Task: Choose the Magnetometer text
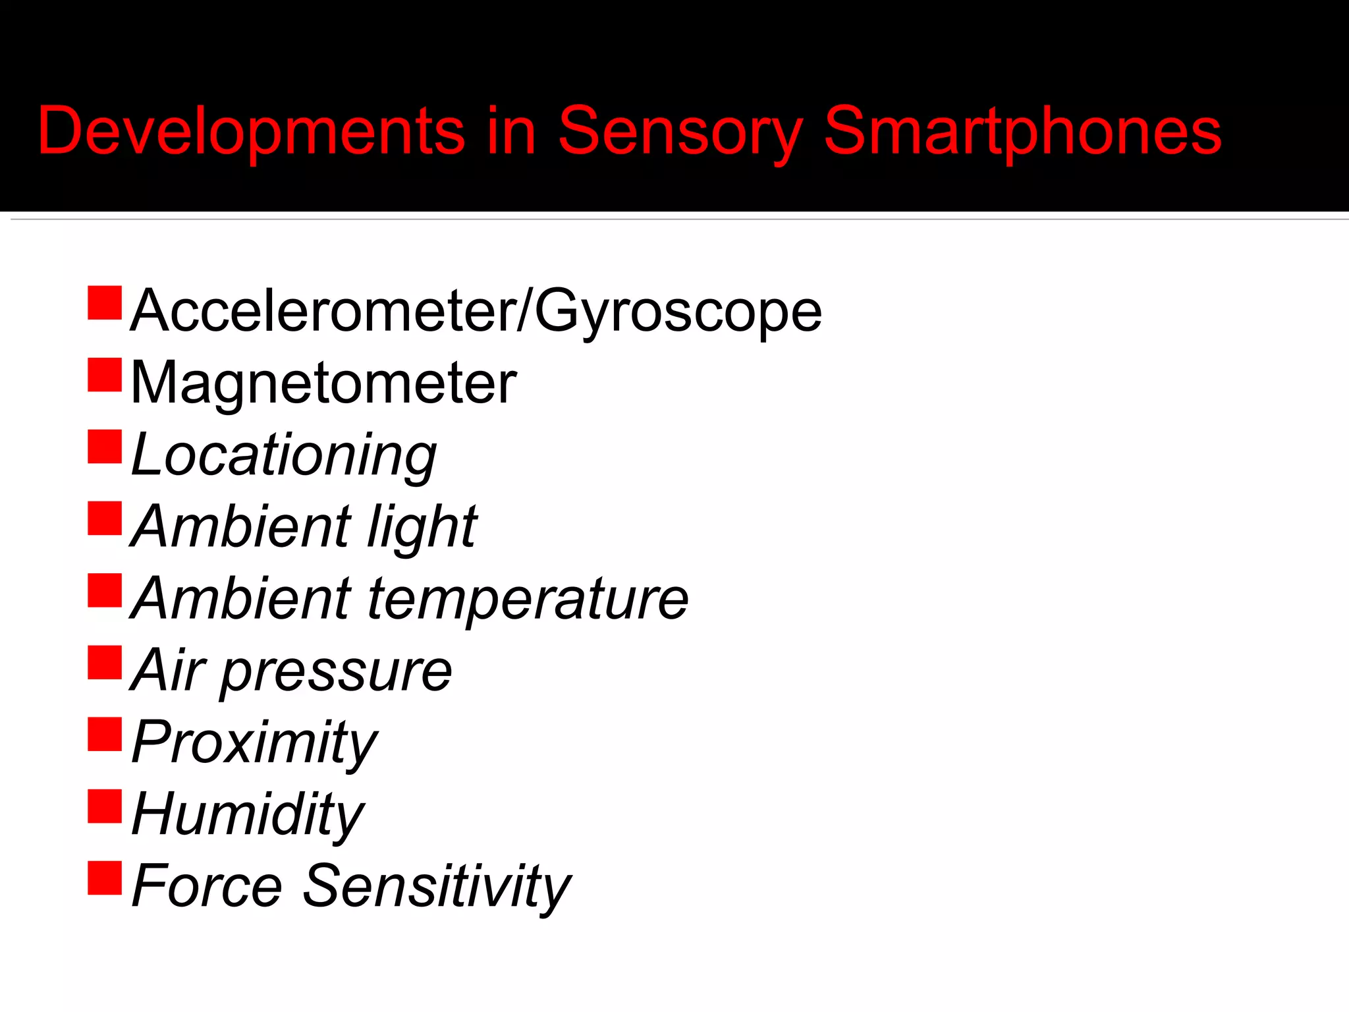pos(323,383)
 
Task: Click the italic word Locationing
pos(284,456)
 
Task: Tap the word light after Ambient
pos(422,527)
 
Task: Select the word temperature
pos(527,600)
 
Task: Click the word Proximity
pos(254,743)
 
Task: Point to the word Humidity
pos(248,814)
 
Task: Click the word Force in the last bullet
pos(207,887)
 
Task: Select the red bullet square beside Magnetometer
pos(105,375)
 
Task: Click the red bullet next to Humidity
pos(105,806)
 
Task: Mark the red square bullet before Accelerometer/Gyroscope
pos(105,303)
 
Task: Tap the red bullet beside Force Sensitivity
pos(105,878)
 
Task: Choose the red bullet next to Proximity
pos(105,735)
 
